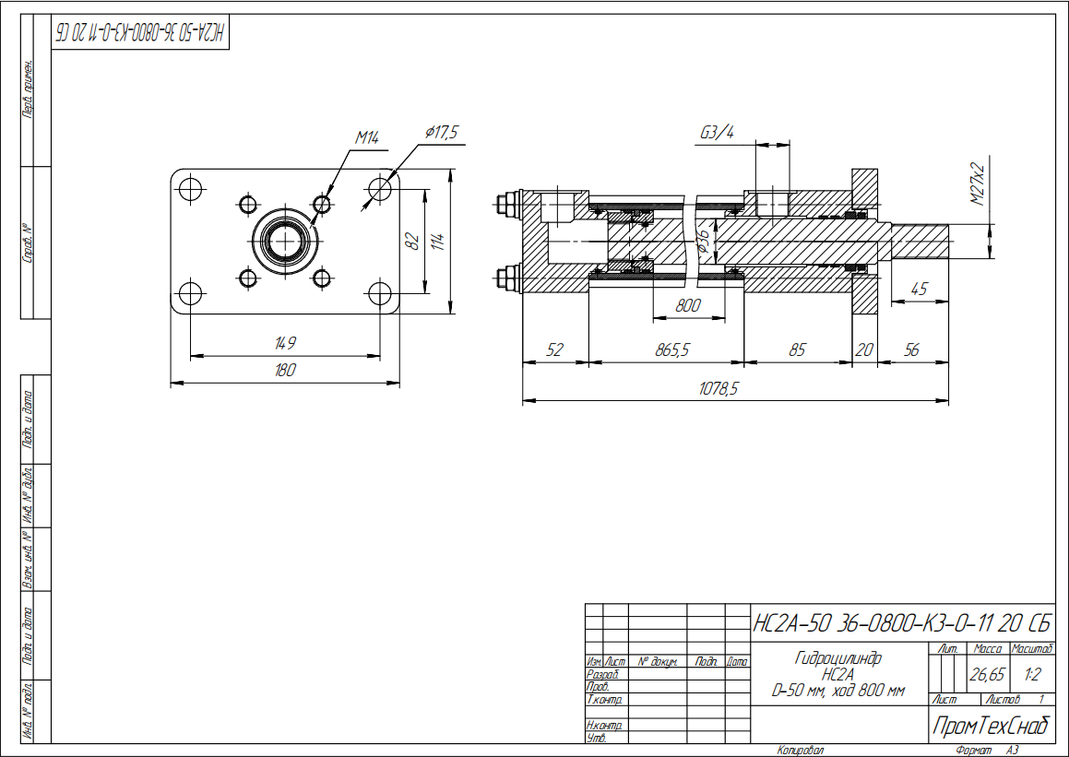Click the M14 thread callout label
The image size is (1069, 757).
click(368, 138)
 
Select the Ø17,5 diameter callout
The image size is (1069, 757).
click(442, 133)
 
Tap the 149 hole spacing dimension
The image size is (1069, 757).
click(285, 344)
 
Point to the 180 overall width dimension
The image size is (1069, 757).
click(285, 371)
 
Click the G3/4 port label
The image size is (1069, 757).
click(717, 133)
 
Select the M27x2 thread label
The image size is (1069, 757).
click(978, 182)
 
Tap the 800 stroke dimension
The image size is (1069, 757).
click(688, 306)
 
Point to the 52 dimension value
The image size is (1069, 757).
click(554, 351)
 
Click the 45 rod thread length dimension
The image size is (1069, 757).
click(919, 289)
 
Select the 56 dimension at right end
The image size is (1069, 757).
click(912, 351)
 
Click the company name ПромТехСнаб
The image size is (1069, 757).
click(992, 727)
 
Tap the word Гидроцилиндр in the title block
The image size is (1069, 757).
click(837, 658)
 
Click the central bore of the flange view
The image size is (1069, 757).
click(285, 241)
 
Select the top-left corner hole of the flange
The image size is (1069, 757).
click(191, 189)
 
